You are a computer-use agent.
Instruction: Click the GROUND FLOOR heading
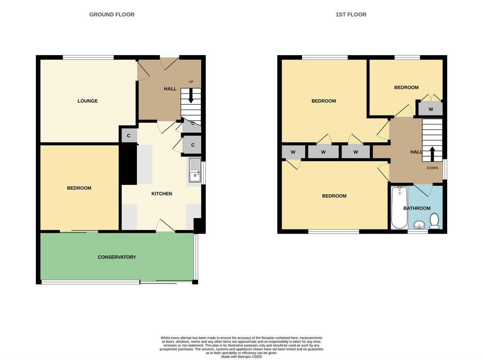click(112, 14)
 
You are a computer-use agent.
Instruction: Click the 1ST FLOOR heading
click(351, 14)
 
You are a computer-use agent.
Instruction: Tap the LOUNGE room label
click(88, 101)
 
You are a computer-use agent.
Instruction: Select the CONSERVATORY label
click(117, 257)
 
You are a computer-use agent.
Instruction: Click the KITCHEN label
click(161, 194)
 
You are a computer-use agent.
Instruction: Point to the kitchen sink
click(195, 171)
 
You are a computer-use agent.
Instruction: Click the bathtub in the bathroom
click(399, 207)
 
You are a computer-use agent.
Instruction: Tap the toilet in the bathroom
click(434, 221)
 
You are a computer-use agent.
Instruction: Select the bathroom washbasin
click(419, 225)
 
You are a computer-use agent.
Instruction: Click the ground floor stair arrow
click(190, 97)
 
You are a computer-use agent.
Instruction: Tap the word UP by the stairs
click(191, 82)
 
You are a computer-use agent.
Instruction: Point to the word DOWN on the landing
click(432, 168)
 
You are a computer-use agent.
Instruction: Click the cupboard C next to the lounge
click(129, 136)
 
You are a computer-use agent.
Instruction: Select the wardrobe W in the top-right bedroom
click(431, 109)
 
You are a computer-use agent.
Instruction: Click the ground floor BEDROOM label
click(79, 188)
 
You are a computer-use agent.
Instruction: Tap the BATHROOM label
click(417, 208)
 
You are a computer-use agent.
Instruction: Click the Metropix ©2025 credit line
click(242, 356)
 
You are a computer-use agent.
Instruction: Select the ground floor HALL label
click(170, 89)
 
